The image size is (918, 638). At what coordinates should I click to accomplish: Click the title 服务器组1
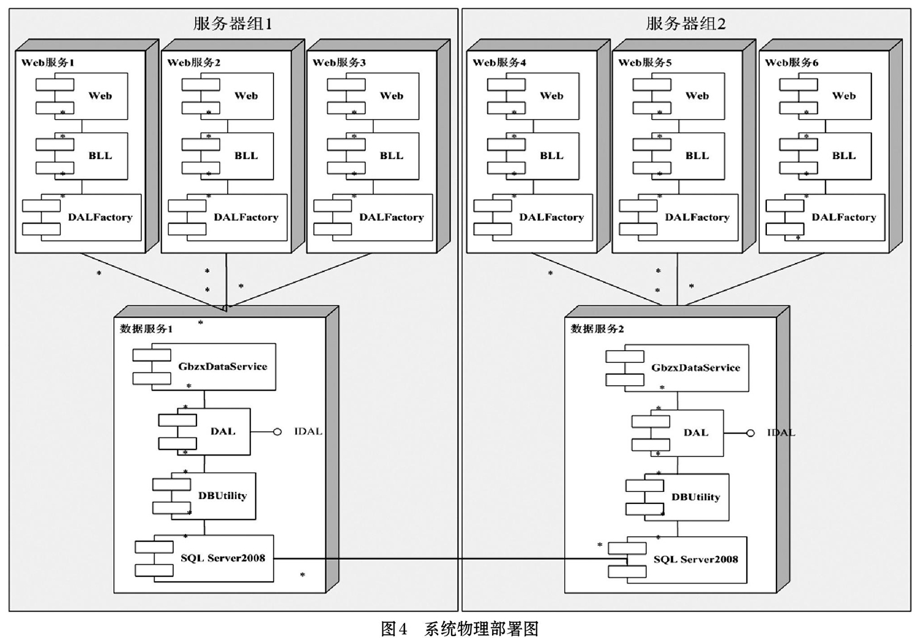(233, 24)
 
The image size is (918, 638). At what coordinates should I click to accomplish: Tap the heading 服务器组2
(685, 24)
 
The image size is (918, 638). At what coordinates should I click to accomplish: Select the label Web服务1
(48, 62)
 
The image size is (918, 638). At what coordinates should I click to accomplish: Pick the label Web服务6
(791, 62)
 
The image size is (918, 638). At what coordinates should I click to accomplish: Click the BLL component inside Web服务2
(228, 156)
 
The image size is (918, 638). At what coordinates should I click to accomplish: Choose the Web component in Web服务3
(373, 96)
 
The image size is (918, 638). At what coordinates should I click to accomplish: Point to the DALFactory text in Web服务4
(551, 217)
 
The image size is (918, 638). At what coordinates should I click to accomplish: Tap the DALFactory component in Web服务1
(81, 217)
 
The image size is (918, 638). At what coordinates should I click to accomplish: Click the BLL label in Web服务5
(696, 155)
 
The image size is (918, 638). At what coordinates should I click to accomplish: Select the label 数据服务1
(146, 329)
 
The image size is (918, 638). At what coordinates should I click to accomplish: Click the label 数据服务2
(597, 329)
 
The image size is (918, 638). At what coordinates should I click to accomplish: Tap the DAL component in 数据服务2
(677, 433)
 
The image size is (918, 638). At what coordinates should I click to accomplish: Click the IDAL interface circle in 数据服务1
(277, 432)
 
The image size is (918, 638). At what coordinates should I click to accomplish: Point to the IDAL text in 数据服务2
(781, 432)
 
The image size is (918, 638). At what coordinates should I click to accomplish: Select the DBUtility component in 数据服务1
(204, 496)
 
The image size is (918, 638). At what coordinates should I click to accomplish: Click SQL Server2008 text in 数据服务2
(695, 559)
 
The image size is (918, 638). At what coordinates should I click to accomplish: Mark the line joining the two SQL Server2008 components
(450, 558)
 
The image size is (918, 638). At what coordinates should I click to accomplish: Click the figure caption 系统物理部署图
(482, 628)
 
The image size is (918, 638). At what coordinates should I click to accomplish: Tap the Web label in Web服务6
(843, 96)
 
